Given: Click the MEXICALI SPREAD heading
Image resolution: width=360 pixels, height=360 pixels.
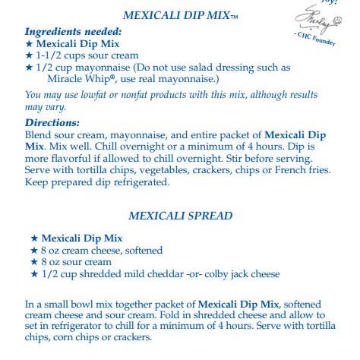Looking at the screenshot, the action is coord(180,216).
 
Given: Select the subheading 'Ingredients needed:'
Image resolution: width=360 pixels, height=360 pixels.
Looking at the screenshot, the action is coord(73,32).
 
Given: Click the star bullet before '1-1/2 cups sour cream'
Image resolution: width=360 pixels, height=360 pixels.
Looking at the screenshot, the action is coord(30,55).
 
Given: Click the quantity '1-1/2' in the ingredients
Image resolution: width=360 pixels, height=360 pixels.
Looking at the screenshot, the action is coord(51,55).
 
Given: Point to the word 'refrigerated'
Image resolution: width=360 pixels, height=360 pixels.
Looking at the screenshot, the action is coord(140,182).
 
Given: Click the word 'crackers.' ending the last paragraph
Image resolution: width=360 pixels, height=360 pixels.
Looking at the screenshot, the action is coord(130,338).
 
